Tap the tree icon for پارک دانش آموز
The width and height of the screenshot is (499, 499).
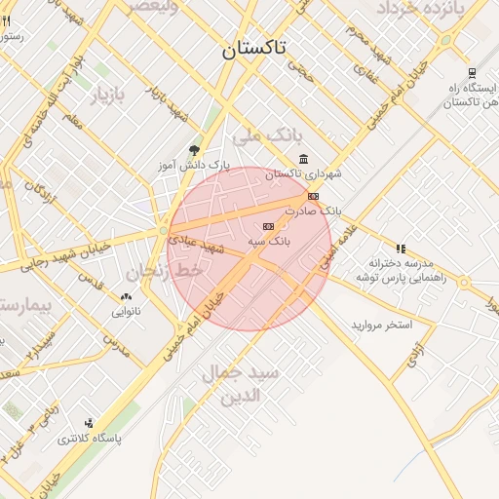[x=193, y=149]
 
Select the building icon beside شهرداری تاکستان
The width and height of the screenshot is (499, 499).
[x=304, y=159]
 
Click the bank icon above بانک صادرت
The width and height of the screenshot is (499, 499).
[x=313, y=196]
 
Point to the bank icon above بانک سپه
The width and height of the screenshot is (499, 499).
[x=268, y=226]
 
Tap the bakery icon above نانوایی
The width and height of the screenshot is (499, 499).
[x=125, y=296]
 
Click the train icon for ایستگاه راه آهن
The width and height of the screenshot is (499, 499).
[x=472, y=73]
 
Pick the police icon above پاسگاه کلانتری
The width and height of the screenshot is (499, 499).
[x=89, y=423]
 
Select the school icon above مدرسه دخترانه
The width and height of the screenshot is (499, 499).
[x=401, y=249]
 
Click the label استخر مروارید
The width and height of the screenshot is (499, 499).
[x=383, y=324]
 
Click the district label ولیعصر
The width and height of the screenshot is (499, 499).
[x=147, y=7]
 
